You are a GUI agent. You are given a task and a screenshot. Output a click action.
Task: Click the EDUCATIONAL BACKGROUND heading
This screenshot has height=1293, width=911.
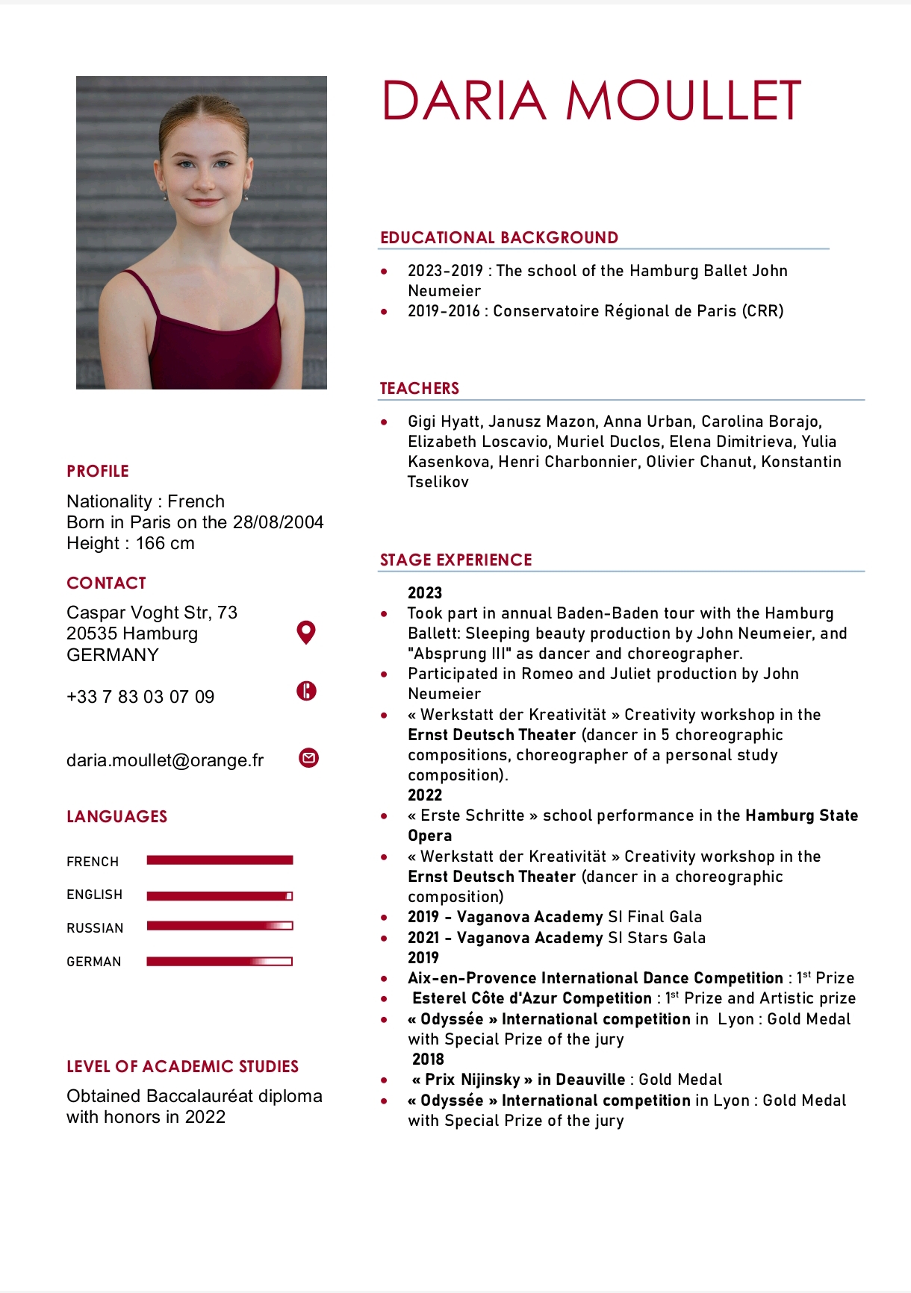click(499, 237)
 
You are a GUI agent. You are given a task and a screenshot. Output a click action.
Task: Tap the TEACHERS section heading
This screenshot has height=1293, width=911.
click(419, 388)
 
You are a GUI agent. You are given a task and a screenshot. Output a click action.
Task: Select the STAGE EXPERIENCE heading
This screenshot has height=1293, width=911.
click(455, 560)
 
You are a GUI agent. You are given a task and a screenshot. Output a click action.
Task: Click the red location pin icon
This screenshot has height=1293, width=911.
click(306, 632)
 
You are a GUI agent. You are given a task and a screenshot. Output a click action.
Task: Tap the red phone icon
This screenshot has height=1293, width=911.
click(306, 691)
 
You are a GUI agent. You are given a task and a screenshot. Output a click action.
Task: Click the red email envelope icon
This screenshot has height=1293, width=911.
click(308, 758)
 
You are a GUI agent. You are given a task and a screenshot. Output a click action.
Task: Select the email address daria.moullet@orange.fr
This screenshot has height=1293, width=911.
click(165, 760)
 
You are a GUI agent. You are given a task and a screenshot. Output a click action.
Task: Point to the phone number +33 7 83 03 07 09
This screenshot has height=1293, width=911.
click(140, 697)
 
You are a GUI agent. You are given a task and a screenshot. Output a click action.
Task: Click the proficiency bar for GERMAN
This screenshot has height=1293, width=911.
click(220, 961)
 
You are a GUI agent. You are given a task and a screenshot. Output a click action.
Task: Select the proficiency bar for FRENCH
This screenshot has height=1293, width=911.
click(220, 860)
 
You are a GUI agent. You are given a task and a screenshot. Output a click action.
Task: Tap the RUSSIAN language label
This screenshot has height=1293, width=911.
click(95, 928)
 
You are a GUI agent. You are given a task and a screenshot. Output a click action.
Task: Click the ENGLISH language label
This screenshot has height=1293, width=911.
click(94, 895)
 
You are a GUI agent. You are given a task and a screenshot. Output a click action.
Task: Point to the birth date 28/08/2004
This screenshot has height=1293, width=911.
click(278, 522)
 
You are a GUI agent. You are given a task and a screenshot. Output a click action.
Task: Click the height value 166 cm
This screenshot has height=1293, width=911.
click(165, 543)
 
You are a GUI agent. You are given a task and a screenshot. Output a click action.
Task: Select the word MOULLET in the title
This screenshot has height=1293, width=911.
click(683, 101)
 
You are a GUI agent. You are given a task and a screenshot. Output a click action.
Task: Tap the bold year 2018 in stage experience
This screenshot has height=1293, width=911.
click(428, 1059)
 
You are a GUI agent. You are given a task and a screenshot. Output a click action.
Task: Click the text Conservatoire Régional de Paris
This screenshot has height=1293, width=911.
click(615, 311)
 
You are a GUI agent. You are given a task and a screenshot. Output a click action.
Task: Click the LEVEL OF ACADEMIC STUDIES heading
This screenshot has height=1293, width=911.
click(182, 1066)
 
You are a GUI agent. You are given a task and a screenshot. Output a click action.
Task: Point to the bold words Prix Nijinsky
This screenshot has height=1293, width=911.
click(473, 1080)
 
